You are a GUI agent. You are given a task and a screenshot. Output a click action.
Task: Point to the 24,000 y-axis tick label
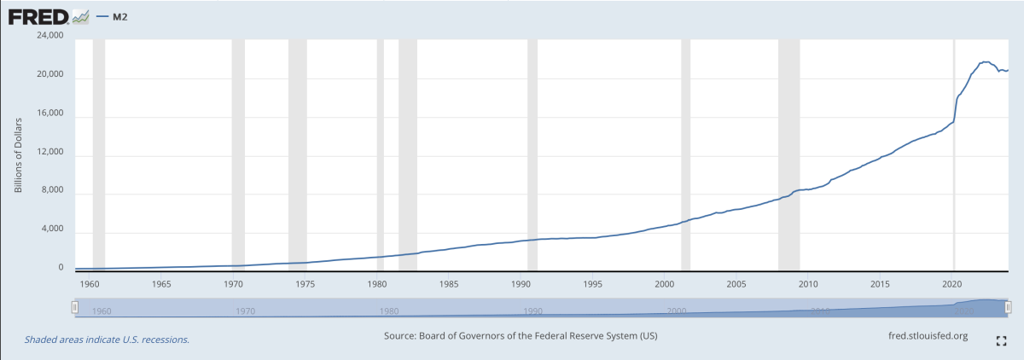pos(49,37)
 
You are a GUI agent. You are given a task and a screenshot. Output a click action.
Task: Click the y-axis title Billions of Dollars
pos(18,150)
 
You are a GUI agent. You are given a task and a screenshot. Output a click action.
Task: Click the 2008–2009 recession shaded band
pos(788,154)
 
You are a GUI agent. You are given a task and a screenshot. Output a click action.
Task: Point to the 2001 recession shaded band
pos(684,154)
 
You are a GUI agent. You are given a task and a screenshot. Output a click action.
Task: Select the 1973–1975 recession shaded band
pos(298,154)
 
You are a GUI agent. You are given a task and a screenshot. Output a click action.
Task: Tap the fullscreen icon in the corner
pos(1003,341)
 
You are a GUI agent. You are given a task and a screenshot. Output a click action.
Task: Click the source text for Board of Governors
pos(521,336)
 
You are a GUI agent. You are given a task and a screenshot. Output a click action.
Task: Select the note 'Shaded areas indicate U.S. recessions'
pos(107,340)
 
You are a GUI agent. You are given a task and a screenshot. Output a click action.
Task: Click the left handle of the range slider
pos(75,306)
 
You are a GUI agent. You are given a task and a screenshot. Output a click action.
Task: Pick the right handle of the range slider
pos(1009,306)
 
